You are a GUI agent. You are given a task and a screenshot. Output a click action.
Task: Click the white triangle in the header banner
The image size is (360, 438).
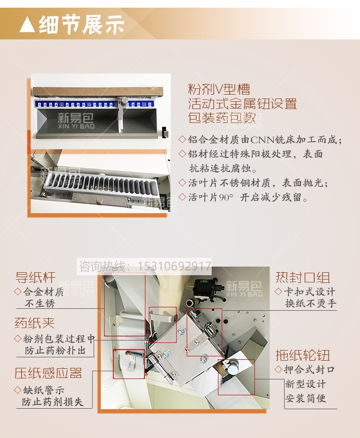[27, 24]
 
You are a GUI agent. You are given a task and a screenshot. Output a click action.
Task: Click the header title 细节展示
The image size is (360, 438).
[82, 24]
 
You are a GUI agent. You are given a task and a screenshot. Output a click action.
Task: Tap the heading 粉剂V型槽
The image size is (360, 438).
[219, 89]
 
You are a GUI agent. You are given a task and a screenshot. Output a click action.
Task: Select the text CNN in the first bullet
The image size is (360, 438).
[262, 139]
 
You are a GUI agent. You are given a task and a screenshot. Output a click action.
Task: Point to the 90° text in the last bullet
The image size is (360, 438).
[226, 197]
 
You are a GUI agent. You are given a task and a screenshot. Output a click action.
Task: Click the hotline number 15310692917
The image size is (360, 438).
[174, 266]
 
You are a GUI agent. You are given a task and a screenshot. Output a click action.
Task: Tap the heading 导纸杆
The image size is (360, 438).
[36, 277]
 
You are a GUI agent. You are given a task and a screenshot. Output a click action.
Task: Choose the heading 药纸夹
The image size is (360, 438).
[35, 323]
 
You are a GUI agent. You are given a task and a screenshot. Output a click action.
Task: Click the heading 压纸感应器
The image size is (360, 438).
[48, 373]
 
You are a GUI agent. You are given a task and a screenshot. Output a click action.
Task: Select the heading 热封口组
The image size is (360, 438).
[303, 278]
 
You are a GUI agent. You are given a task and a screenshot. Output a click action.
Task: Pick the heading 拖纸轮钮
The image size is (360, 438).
[303, 355]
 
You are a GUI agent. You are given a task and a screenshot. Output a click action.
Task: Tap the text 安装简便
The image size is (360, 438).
[306, 398]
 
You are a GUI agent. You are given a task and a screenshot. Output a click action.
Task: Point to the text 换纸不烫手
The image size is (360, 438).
[311, 303]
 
